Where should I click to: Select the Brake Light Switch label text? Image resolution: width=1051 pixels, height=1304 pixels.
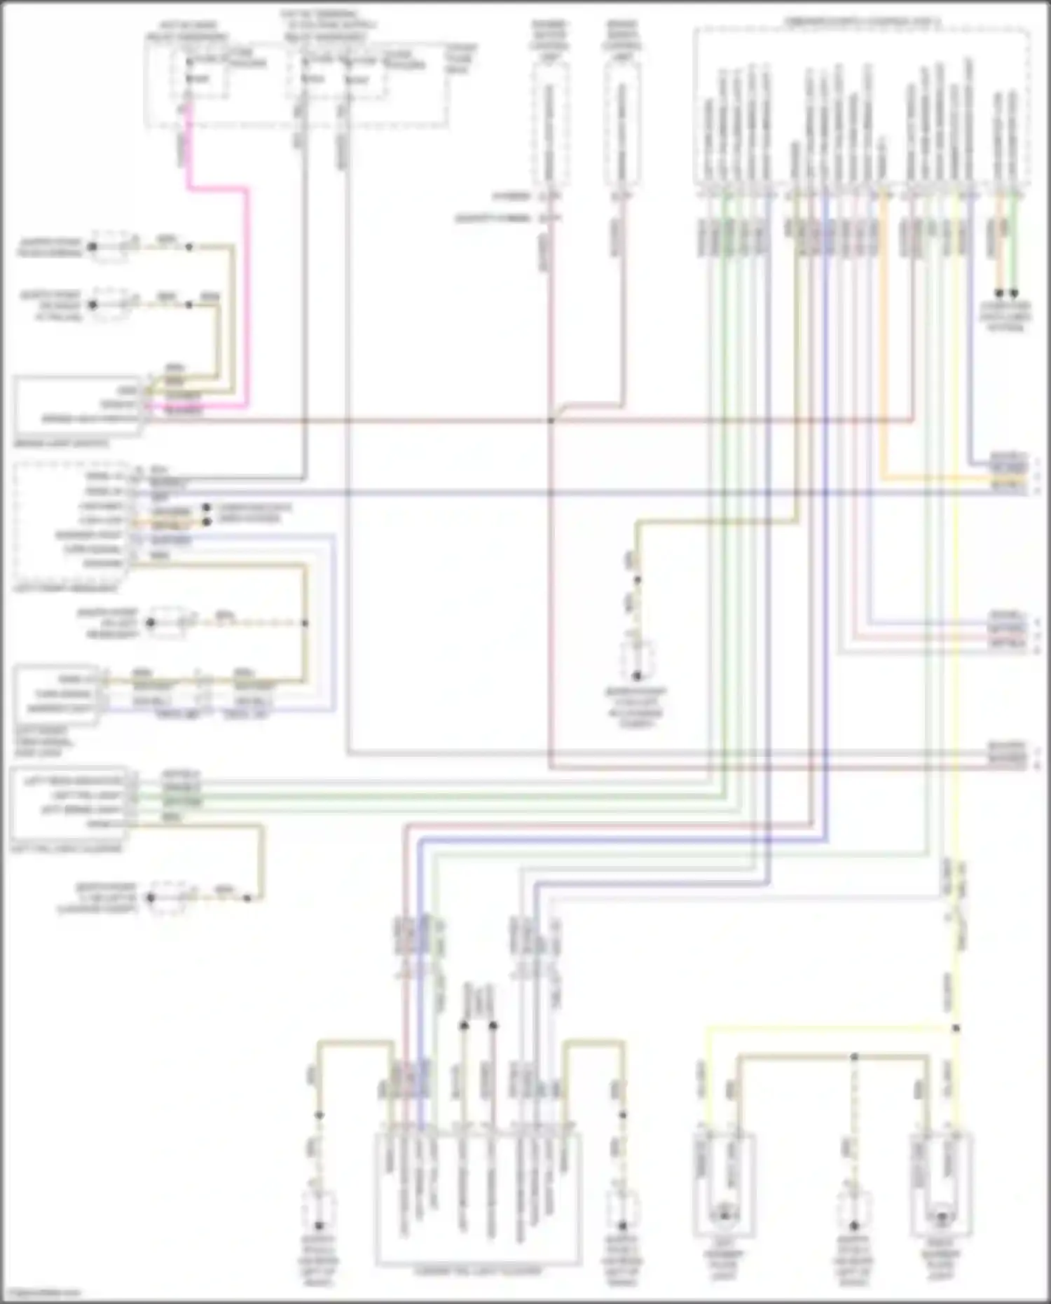pos(61,444)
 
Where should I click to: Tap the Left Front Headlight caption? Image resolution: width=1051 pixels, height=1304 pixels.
pos(67,589)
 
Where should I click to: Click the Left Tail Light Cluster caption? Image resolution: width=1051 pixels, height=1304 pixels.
pos(67,849)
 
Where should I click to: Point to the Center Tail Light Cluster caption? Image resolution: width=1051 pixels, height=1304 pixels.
pos(478,1270)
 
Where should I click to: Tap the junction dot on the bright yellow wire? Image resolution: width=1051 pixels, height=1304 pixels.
pos(956,1029)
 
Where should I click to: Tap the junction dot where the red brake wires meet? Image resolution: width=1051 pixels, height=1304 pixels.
pos(551,420)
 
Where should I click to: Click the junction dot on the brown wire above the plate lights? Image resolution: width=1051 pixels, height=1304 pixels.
pos(854,1056)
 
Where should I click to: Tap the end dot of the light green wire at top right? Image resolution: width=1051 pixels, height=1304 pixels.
pos(1013,294)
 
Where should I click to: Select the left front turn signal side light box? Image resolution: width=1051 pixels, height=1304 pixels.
pos(56,694)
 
